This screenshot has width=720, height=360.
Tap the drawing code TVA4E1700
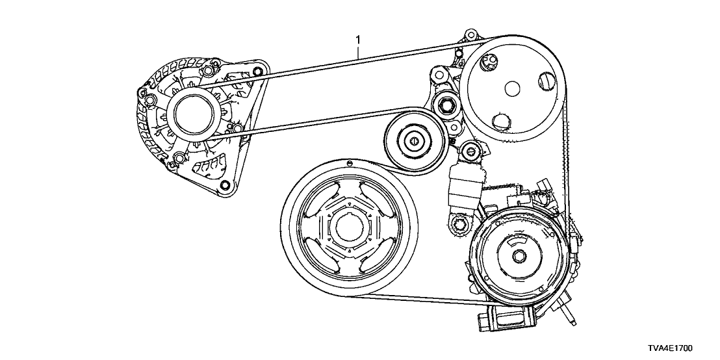pyautogui.click(x=680, y=349)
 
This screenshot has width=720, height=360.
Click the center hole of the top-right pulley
pyautogui.click(x=510, y=90)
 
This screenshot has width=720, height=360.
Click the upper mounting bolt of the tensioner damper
pyautogui.click(x=469, y=153)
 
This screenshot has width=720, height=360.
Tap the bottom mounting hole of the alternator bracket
pyautogui.click(x=225, y=187)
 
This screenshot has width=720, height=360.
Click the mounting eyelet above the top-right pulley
pyautogui.click(x=470, y=34)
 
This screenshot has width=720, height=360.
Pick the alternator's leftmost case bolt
pyautogui.click(x=149, y=99)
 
